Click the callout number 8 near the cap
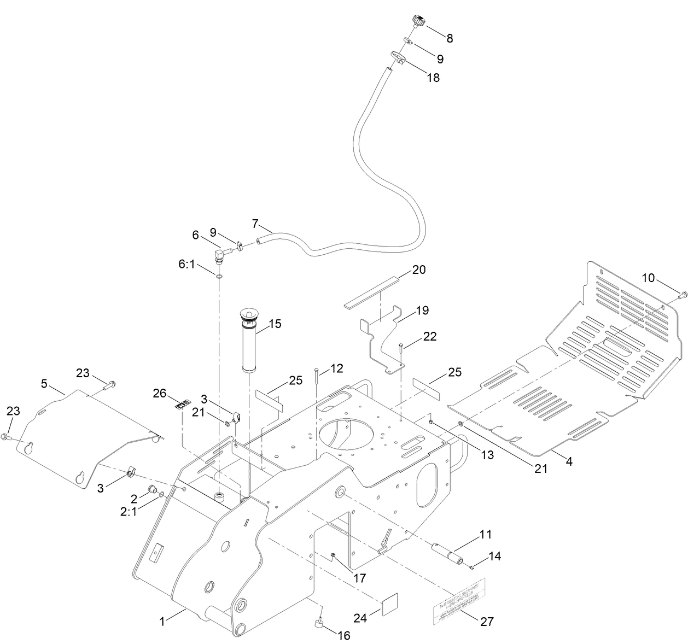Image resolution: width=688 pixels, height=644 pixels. (450, 38)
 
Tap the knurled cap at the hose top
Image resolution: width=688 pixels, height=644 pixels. (417, 22)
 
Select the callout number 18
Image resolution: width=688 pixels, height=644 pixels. (433, 78)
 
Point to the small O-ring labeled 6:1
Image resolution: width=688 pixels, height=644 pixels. (219, 277)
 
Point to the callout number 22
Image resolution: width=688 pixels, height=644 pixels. (430, 338)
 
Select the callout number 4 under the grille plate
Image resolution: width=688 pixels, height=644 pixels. (569, 461)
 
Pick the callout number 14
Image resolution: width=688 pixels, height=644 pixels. (494, 556)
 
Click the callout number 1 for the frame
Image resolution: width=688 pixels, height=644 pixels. (162, 621)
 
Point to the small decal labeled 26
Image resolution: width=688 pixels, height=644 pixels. (183, 405)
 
